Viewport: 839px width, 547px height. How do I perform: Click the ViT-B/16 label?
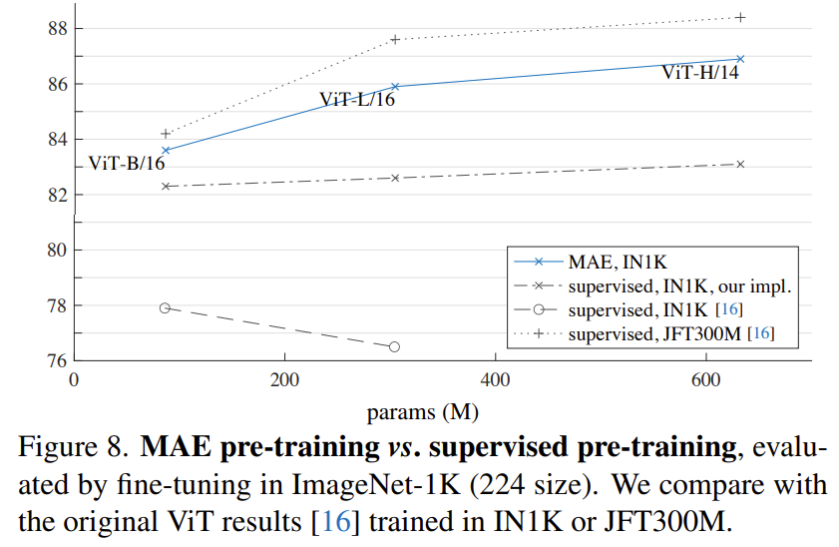point(127,164)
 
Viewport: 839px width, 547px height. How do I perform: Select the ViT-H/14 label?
point(700,72)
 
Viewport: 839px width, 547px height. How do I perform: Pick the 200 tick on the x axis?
point(285,379)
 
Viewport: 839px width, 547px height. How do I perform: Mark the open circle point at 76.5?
point(394,346)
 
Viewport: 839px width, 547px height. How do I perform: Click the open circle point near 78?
point(166,308)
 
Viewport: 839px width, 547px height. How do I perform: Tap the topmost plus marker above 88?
point(740,17)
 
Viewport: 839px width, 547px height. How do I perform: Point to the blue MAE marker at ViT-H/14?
point(740,59)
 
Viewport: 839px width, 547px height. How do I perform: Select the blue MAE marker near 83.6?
point(166,151)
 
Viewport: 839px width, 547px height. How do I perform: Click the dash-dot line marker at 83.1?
point(740,164)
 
